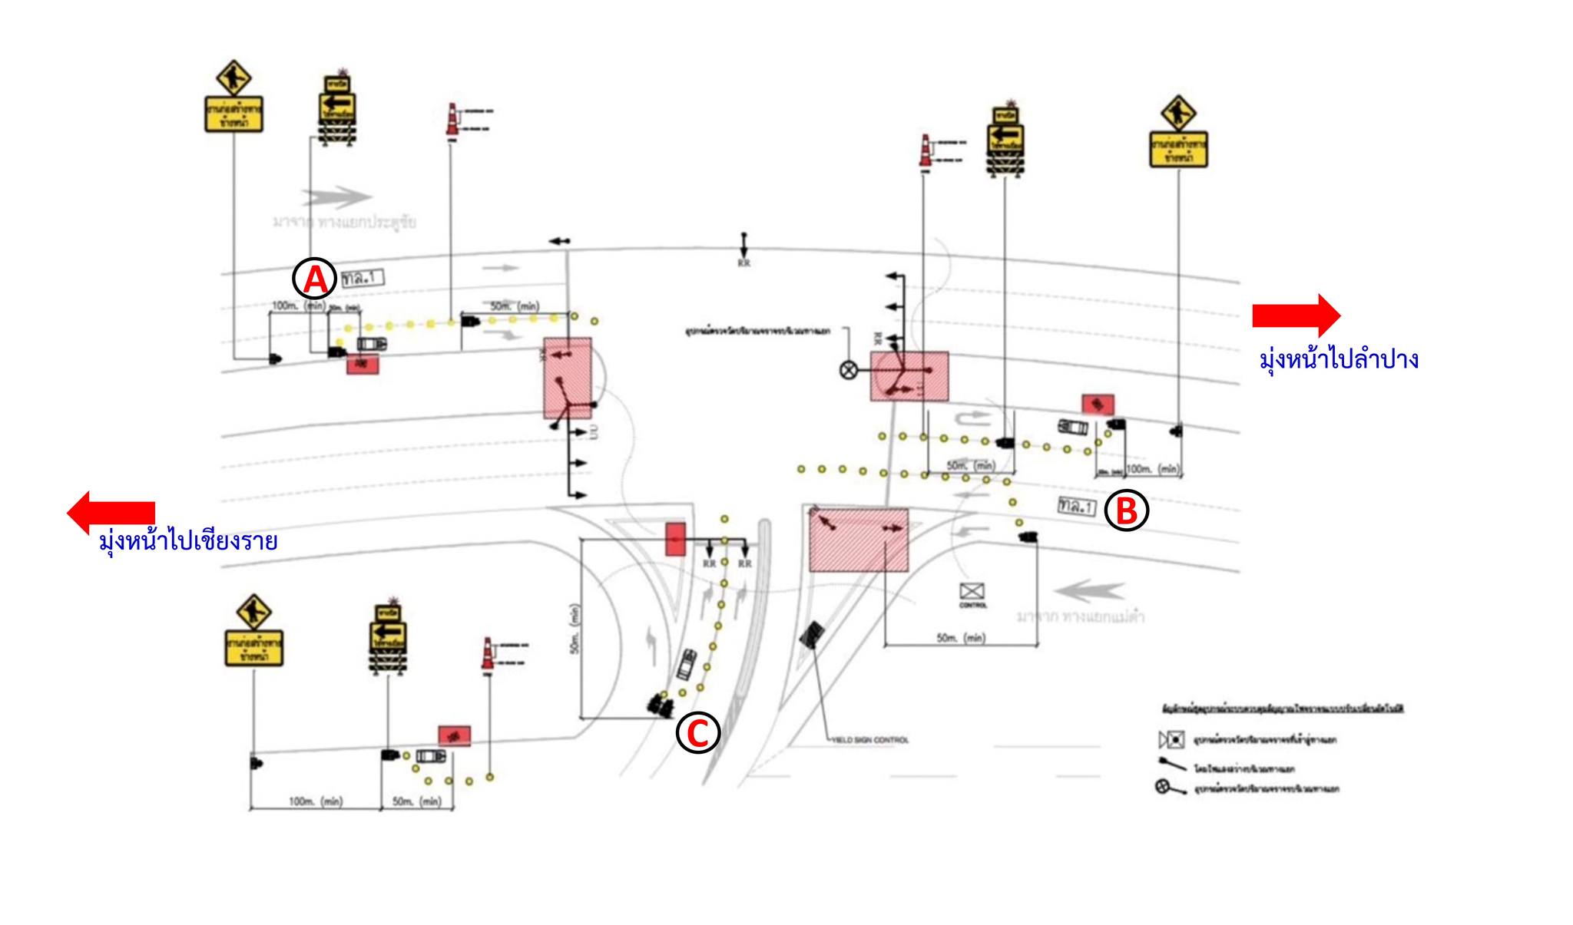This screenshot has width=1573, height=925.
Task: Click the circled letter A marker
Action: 315,279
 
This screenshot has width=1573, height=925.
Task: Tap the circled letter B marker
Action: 1126,510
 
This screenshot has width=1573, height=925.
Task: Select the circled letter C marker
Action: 697,732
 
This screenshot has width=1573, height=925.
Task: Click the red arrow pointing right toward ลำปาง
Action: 1296,315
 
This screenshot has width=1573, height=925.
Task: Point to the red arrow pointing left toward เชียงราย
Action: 111,511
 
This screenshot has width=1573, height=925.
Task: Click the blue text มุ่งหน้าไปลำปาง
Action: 1338,359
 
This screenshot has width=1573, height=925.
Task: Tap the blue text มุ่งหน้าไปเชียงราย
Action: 188,541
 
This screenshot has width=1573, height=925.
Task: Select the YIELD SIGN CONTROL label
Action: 870,740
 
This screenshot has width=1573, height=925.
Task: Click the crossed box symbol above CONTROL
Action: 972,591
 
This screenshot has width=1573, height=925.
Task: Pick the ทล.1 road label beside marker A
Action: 362,278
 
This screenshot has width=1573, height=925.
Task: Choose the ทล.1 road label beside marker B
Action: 1076,506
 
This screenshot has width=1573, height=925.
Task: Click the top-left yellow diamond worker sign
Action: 233,78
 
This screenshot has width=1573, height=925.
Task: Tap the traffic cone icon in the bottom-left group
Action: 486,653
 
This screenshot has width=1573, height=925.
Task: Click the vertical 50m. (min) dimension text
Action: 575,629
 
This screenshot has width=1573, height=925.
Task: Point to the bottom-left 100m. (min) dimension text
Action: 316,801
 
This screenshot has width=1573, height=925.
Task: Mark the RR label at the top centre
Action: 743,263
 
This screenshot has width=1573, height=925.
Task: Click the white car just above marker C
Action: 686,664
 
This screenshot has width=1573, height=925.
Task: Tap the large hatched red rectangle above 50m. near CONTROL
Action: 859,540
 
